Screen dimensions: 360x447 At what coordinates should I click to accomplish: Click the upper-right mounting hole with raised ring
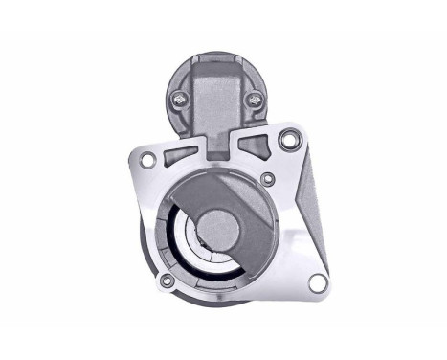pyautogui.click(x=286, y=143)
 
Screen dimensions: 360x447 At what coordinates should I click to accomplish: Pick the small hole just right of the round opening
pyautogui.click(x=268, y=179)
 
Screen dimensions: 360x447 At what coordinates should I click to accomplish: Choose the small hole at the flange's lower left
pyautogui.click(x=168, y=281)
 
